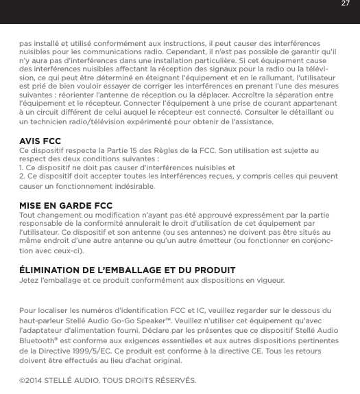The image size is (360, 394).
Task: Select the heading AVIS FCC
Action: point(40,141)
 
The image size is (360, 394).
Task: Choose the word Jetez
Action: point(30,281)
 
